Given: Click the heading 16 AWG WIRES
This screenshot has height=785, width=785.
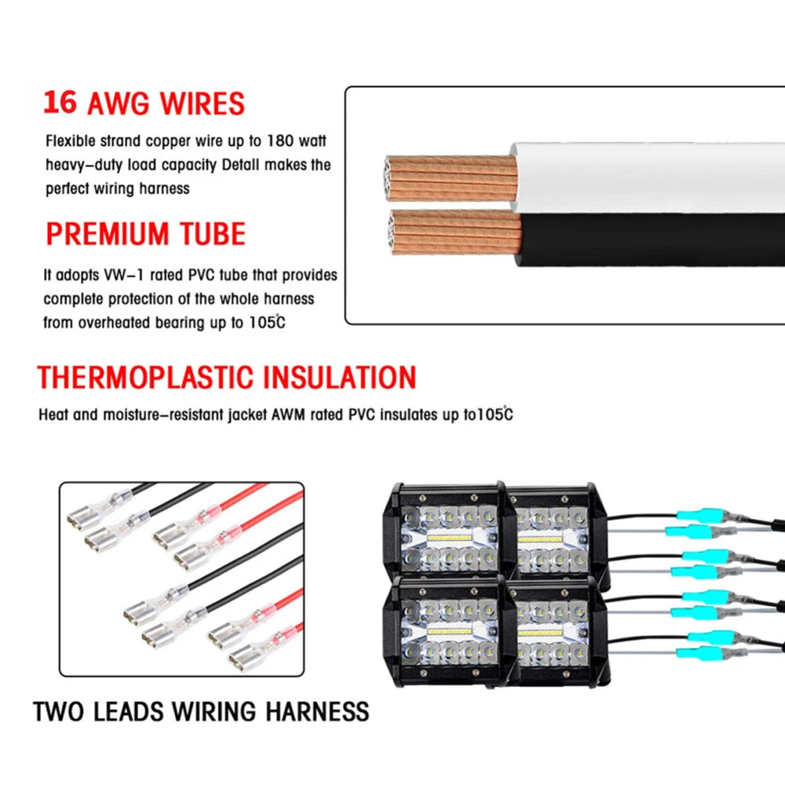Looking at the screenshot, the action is click(x=144, y=104).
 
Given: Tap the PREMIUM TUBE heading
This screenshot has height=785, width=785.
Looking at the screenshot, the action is click(x=146, y=233).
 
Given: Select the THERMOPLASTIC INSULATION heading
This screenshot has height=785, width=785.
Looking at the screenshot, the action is click(x=227, y=377).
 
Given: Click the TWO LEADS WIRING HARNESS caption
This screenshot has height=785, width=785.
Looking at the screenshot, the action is click(x=201, y=711).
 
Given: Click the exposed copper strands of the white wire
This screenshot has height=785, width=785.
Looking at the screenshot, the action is click(x=451, y=179).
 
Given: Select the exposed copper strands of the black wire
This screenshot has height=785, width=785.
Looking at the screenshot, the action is click(x=455, y=232).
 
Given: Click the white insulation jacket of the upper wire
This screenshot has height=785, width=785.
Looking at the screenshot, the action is click(x=647, y=177).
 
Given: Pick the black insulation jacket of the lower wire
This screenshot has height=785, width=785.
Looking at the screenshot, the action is click(x=650, y=239).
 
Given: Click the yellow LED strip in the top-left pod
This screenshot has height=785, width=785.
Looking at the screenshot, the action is click(x=450, y=539).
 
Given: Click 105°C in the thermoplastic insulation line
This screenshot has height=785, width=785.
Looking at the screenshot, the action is click(x=495, y=414).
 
